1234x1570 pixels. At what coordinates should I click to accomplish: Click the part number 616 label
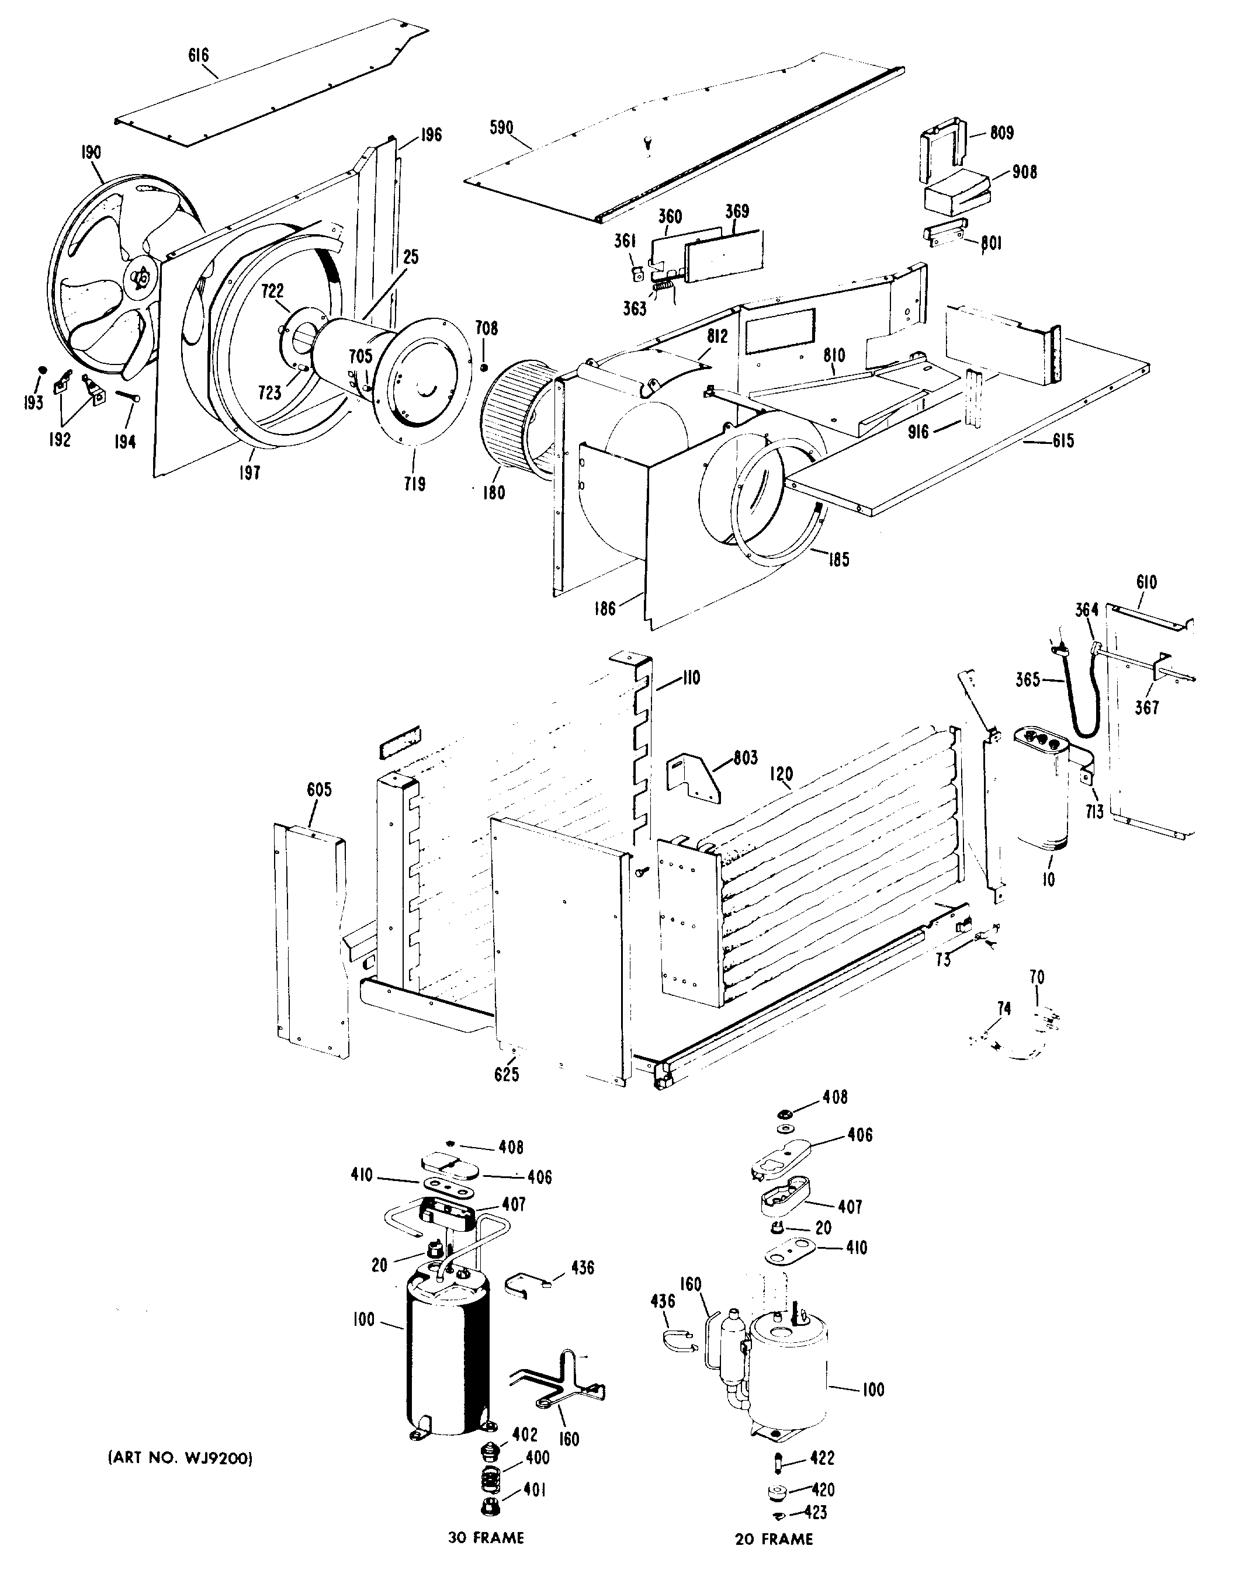(x=199, y=55)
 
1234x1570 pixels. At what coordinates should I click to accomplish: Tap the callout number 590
(x=501, y=128)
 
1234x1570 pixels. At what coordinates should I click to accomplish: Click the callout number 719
(x=414, y=484)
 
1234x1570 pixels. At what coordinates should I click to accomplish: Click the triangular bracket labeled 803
(x=694, y=779)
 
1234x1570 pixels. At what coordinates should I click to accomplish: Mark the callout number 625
(x=507, y=1075)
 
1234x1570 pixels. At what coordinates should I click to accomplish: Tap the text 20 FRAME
(x=774, y=1539)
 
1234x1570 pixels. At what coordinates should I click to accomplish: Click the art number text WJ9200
(x=180, y=1458)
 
